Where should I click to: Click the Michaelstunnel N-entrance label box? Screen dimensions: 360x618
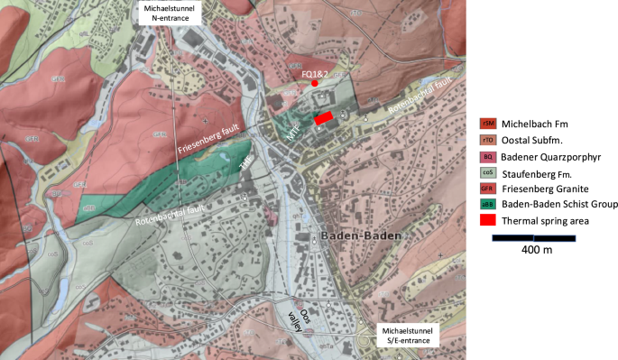coord(169,12)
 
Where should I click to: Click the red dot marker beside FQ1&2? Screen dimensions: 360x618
coord(314,83)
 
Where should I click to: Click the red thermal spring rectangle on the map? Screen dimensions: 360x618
coord(323,117)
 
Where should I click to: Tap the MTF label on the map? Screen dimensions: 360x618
coord(293,130)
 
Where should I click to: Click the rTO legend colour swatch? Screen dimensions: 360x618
coord(488,140)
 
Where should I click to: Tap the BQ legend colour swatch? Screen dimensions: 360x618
coord(488,157)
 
